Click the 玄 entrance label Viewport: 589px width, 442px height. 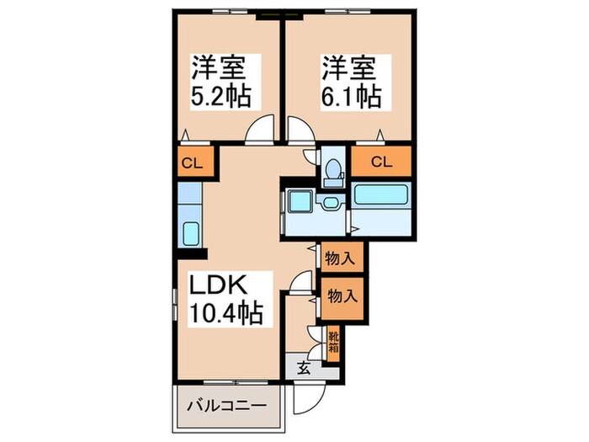303,367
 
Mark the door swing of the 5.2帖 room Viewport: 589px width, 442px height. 263,130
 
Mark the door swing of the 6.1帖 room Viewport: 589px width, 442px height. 299,130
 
